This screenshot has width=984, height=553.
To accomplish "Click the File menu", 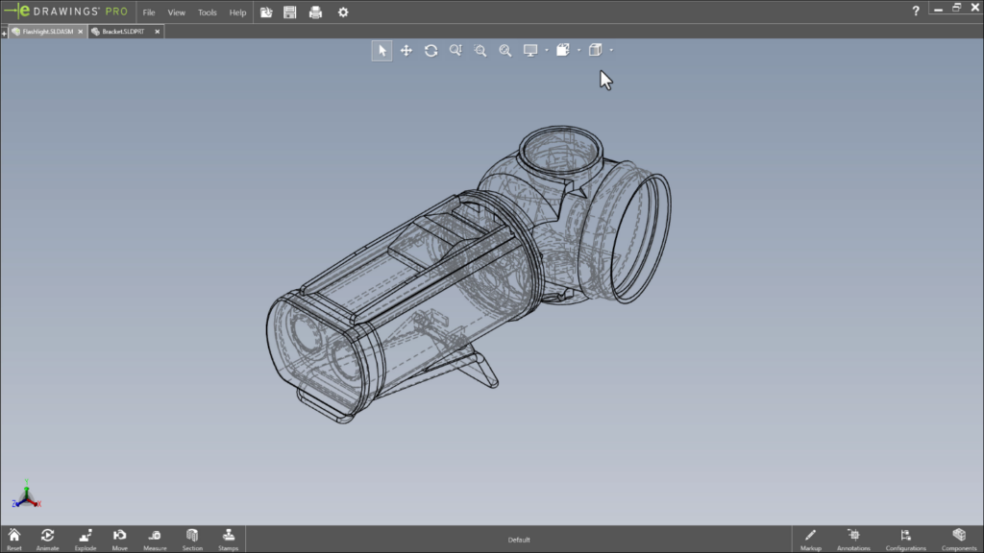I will [149, 12].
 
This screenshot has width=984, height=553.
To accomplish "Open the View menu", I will [177, 12].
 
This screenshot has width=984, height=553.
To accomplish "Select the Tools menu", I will [208, 12].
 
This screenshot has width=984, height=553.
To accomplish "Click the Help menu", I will [237, 12].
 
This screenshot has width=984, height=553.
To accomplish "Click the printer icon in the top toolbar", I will [315, 12].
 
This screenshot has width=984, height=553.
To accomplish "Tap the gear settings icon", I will [343, 12].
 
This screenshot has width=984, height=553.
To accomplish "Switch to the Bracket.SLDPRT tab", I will [123, 32].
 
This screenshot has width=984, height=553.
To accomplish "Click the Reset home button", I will [14, 538].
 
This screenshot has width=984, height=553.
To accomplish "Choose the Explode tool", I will [86, 538].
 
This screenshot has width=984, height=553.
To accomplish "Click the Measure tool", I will [155, 538].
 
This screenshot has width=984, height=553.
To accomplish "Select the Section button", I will [192, 538].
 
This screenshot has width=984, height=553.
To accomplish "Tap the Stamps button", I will [228, 538].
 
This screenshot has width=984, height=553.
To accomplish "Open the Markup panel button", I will [810, 538].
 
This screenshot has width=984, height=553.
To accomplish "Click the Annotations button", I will [853, 538].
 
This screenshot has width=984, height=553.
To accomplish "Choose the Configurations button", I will [905, 538].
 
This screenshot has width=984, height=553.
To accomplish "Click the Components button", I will [958, 538].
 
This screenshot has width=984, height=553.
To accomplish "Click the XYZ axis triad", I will [27, 495].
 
